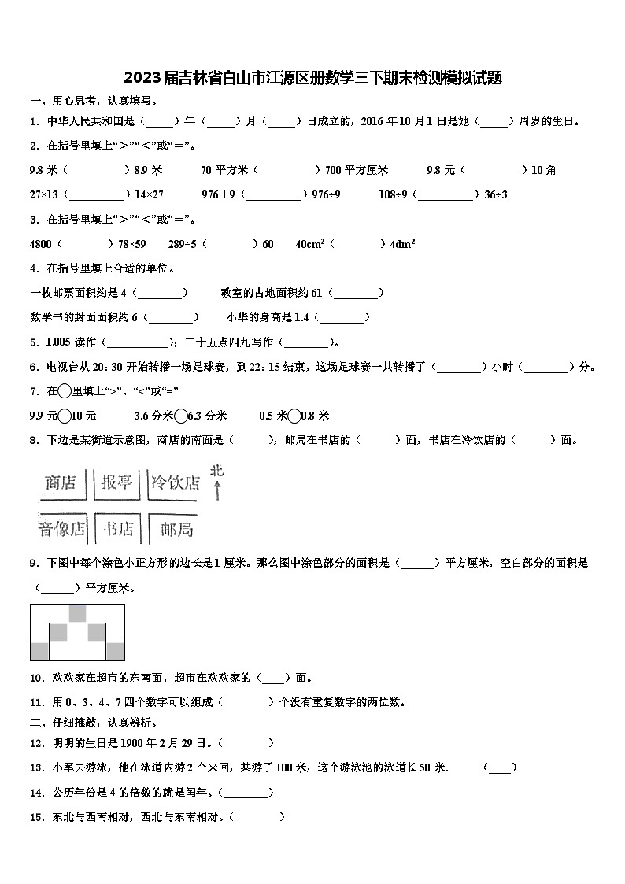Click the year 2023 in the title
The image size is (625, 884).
pos(142,78)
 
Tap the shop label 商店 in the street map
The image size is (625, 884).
pos(61,482)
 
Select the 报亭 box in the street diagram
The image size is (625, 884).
pos(116,482)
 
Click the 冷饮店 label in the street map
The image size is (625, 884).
pos(175,482)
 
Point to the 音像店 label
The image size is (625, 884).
pos(61,529)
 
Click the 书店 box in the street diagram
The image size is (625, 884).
pos(118,529)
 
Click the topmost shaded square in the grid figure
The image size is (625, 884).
pos(77,613)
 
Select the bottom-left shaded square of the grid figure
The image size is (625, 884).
pos(39,650)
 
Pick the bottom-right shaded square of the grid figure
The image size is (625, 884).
pos(115,650)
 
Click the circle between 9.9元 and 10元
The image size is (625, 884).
pos(65,416)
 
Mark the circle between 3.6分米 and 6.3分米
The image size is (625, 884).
pos(181,416)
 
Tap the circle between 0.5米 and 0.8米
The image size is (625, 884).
pos(294,416)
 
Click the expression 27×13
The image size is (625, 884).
pos(43,194)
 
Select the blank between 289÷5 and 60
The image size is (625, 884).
pos(230,244)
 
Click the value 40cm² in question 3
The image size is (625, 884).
pos(310,244)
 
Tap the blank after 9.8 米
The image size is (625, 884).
pos(97,170)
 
